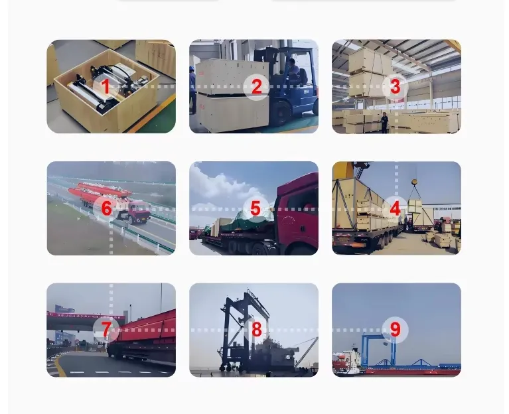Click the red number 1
pyautogui.click(x=106, y=87)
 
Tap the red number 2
pyautogui.click(x=256, y=87)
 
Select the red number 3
pyautogui.click(x=395, y=87)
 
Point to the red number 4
pyautogui.click(x=395, y=208)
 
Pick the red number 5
pyautogui.click(x=255, y=208)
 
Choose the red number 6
pyautogui.click(x=106, y=208)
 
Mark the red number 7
pyautogui.click(x=106, y=330)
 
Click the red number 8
pyautogui.click(x=256, y=330)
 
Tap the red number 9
pyautogui.click(x=395, y=330)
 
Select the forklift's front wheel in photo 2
pyautogui.click(x=281, y=113)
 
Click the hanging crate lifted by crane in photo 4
pyautogui.click(x=415, y=207)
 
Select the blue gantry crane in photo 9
pyautogui.click(x=380, y=350)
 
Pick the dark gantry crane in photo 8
pyautogui.click(x=244, y=331)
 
